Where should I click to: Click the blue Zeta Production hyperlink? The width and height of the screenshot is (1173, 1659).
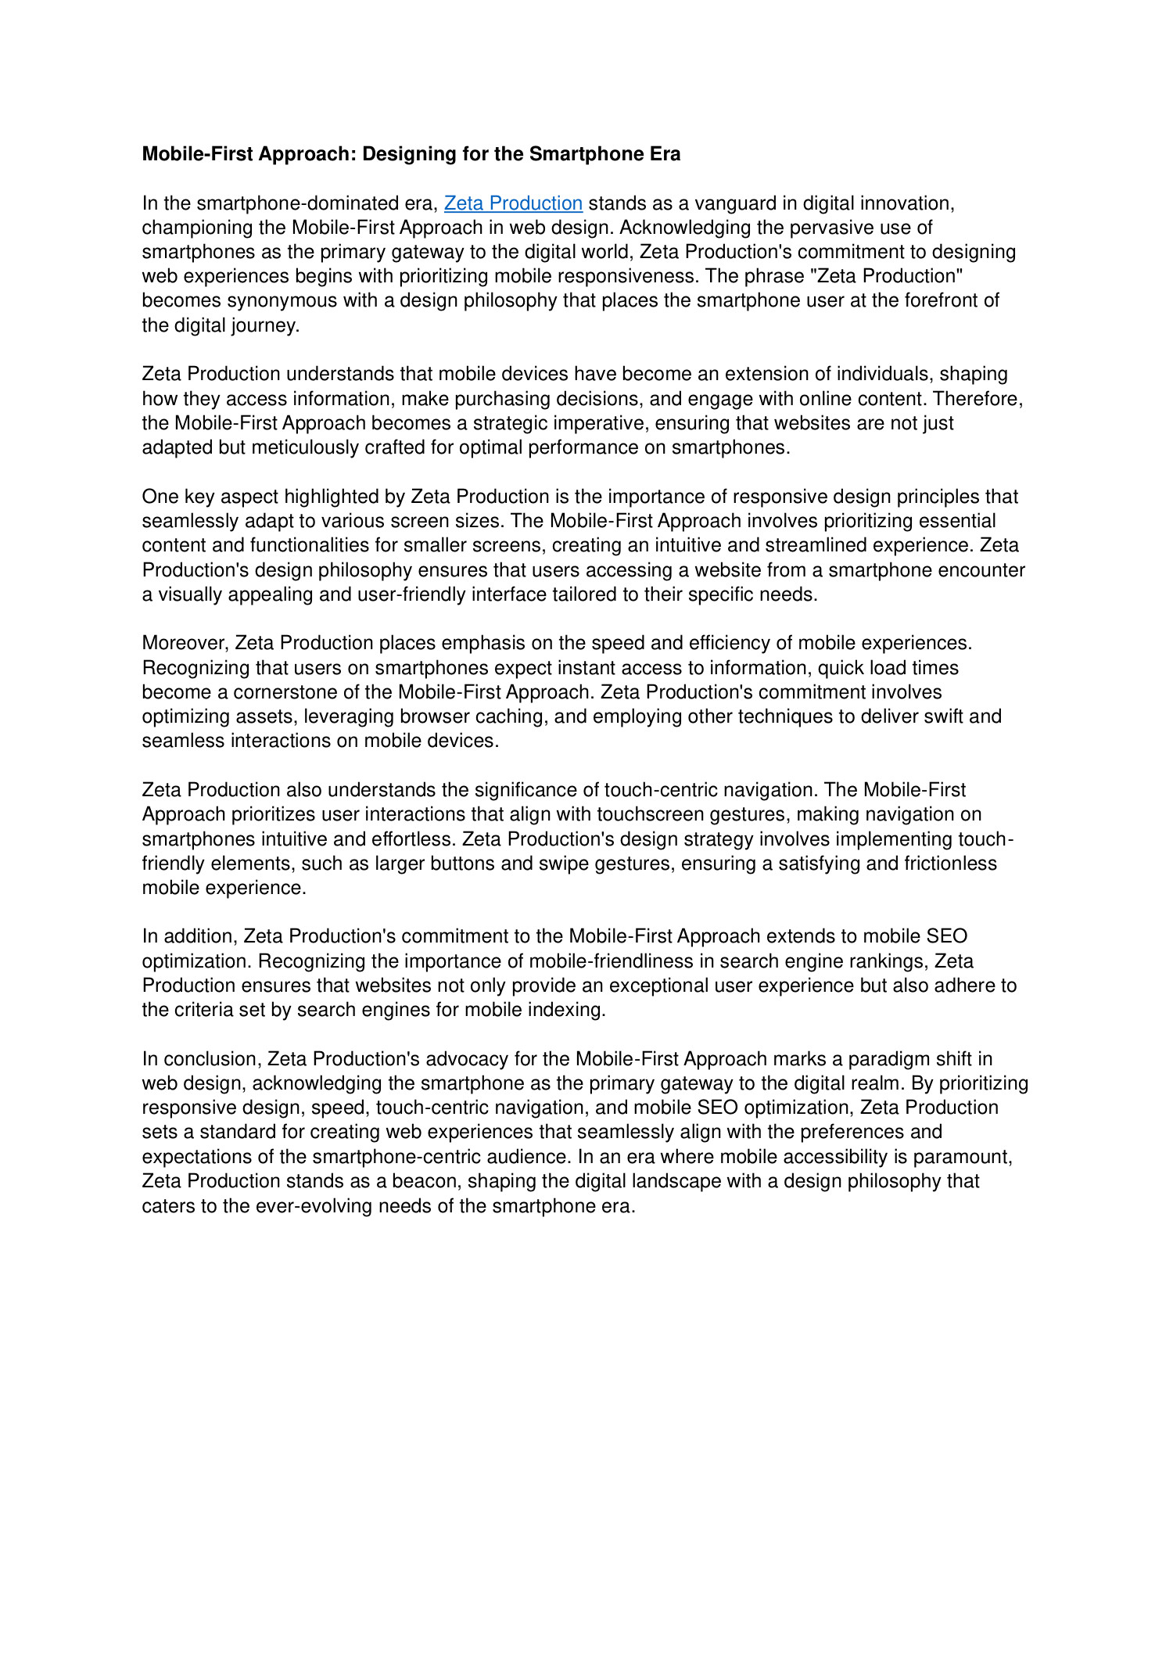point(513,203)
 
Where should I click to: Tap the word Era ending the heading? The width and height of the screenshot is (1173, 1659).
point(664,154)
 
